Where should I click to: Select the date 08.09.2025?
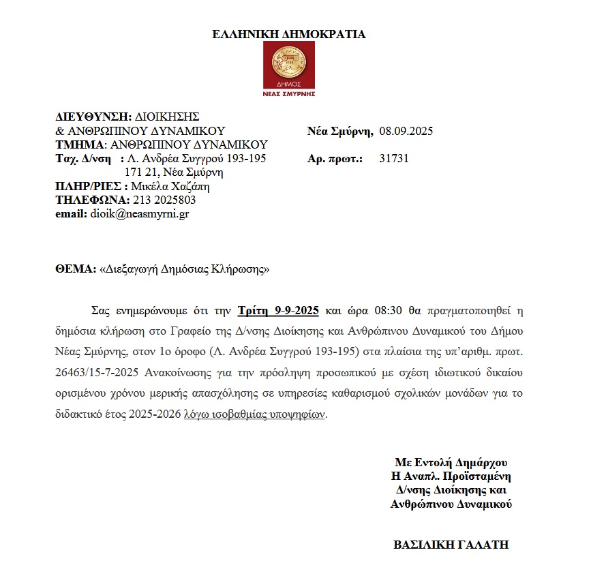coord(406,132)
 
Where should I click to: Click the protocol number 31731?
coord(393,159)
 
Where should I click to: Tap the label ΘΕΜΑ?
coord(76,269)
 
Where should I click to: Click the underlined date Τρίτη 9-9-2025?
coord(278,311)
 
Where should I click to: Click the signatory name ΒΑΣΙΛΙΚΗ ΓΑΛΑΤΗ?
coord(451,545)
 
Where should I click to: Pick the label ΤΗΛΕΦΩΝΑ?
coord(92,200)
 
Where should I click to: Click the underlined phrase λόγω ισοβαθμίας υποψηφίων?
coord(255,414)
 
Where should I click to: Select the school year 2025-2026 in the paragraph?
coord(149,414)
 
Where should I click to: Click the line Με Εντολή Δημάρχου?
coord(451,462)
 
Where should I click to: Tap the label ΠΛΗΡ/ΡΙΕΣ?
coord(87,186)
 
